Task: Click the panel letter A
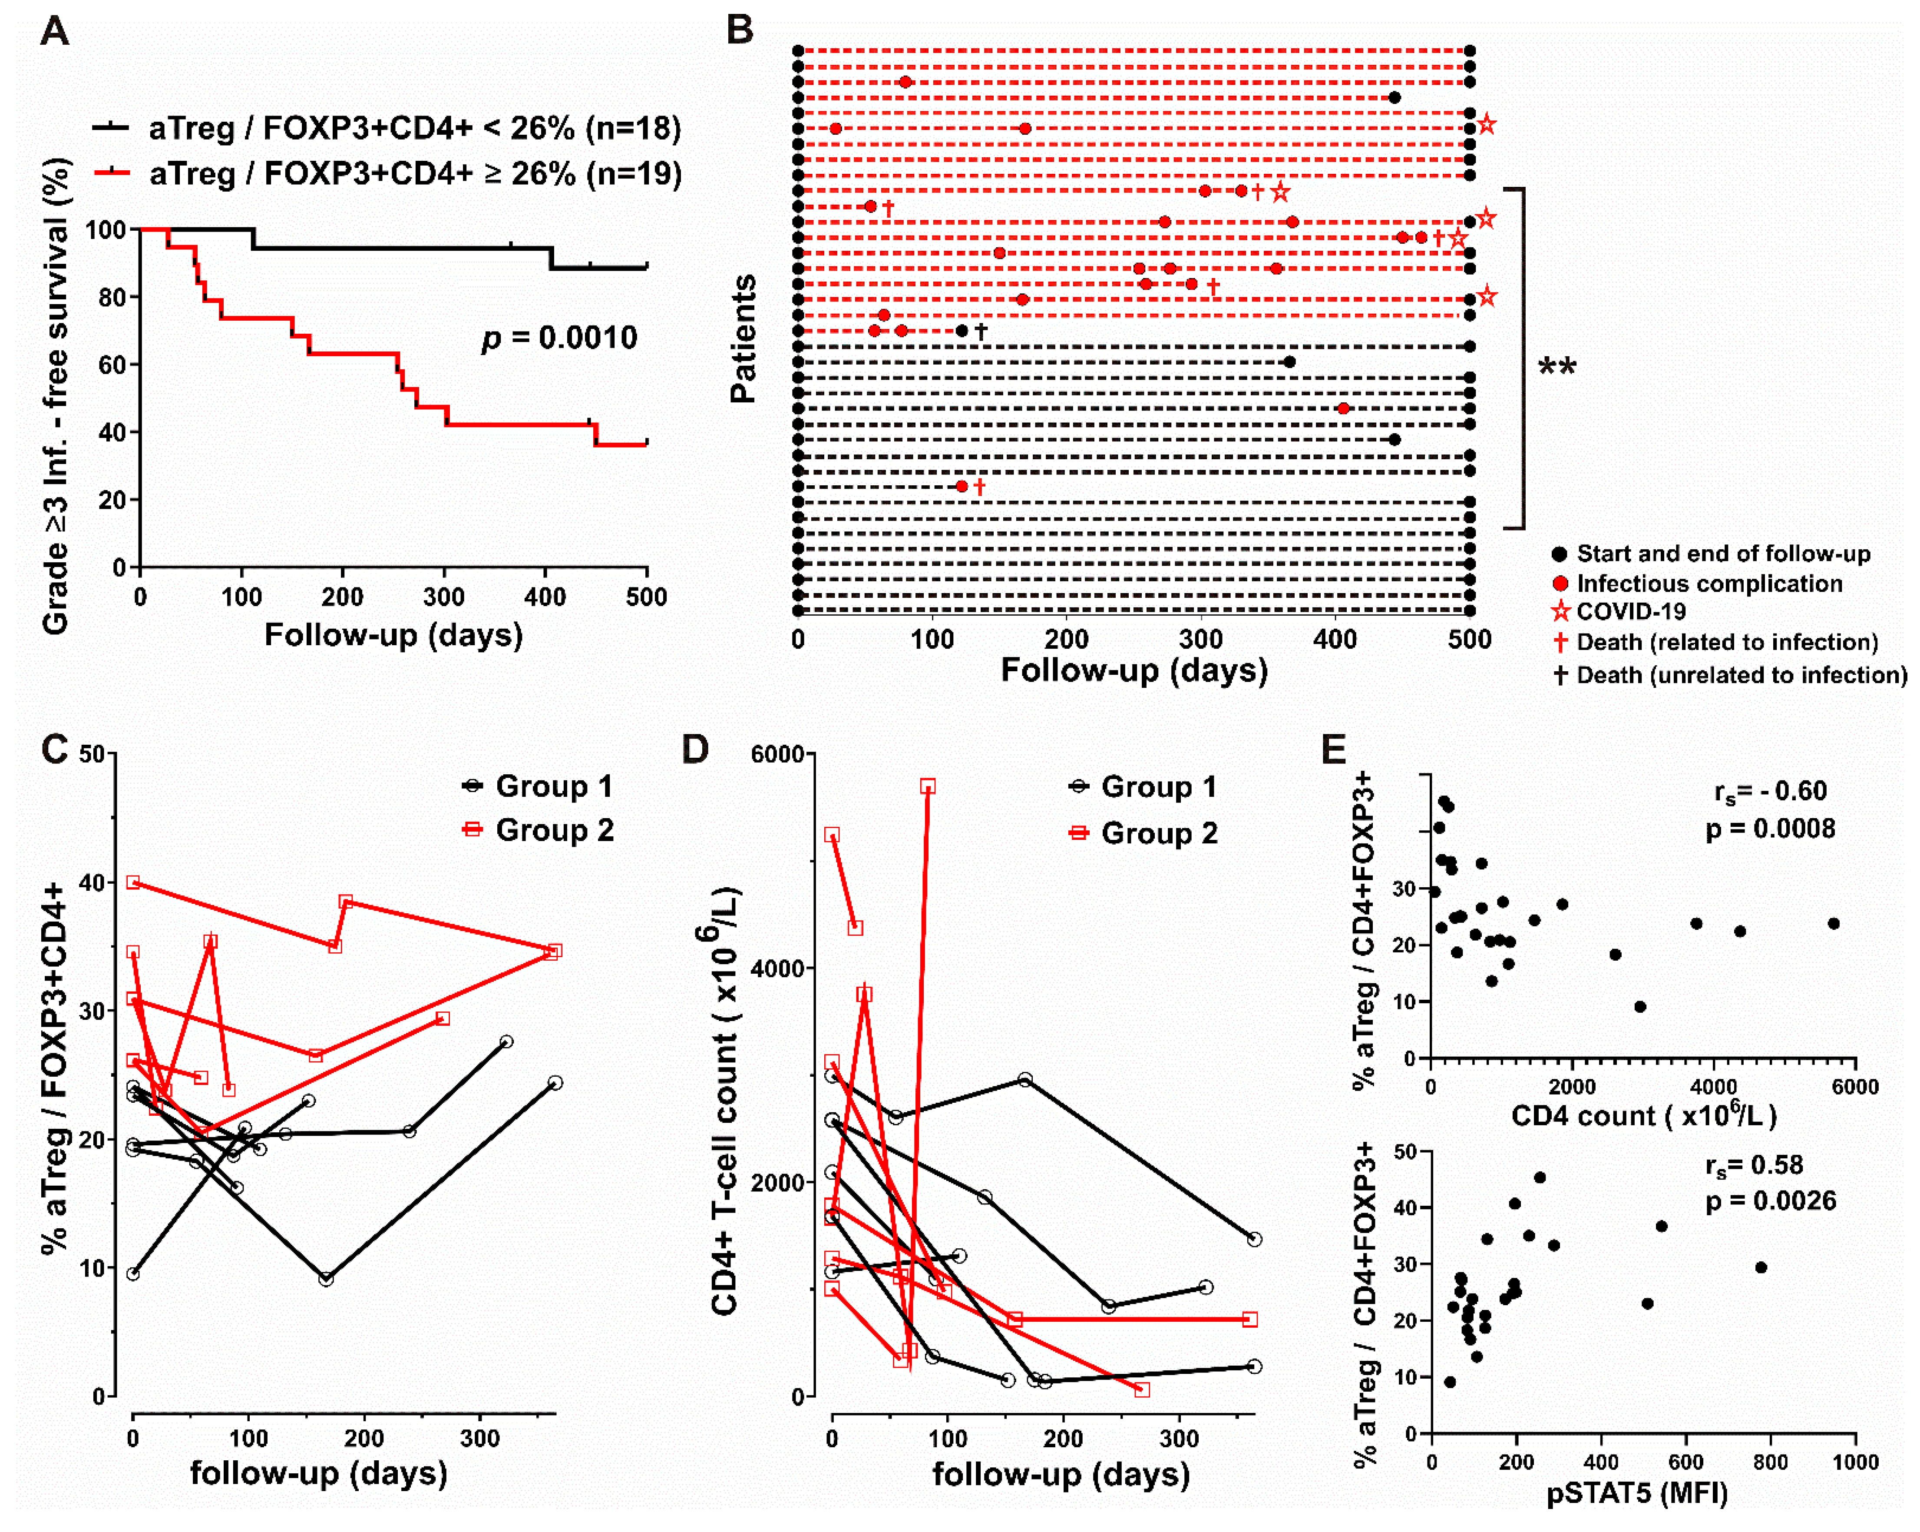[x=55, y=32]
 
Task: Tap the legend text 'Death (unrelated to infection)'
[x=1741, y=675]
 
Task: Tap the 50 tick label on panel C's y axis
[x=93, y=754]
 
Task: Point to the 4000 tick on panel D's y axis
[x=778, y=968]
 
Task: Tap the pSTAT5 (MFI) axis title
[x=1637, y=1493]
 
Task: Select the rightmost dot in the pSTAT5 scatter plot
[x=1761, y=1267]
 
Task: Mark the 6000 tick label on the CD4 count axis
[x=1855, y=1087]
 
